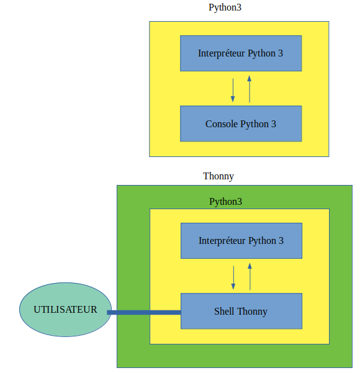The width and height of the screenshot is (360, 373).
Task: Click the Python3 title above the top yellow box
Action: click(x=225, y=7)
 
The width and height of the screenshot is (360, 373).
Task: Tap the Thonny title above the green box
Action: click(x=218, y=176)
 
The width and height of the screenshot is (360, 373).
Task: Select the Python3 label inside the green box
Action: click(x=225, y=202)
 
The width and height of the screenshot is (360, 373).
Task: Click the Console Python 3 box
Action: click(x=241, y=124)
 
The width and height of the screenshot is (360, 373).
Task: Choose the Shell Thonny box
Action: click(x=241, y=311)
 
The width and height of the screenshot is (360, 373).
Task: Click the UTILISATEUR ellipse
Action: click(x=65, y=310)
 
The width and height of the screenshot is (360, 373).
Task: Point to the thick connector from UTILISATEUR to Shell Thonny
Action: click(x=144, y=312)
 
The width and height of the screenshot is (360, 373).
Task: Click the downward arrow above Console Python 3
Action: click(x=233, y=90)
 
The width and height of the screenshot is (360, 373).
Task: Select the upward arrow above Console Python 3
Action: click(x=250, y=89)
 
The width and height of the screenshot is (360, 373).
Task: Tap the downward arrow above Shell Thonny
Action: click(x=233, y=277)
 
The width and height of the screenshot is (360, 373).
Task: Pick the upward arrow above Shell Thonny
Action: click(x=250, y=276)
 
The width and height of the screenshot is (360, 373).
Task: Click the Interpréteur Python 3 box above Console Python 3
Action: click(x=241, y=53)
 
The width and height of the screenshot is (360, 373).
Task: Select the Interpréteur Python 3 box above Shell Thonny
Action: click(x=241, y=241)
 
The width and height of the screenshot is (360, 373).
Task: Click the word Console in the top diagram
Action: click(x=222, y=124)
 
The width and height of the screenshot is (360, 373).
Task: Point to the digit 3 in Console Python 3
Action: click(x=274, y=124)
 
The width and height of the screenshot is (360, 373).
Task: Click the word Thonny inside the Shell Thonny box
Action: click(x=252, y=312)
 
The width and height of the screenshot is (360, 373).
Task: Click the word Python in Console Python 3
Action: click(x=254, y=124)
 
